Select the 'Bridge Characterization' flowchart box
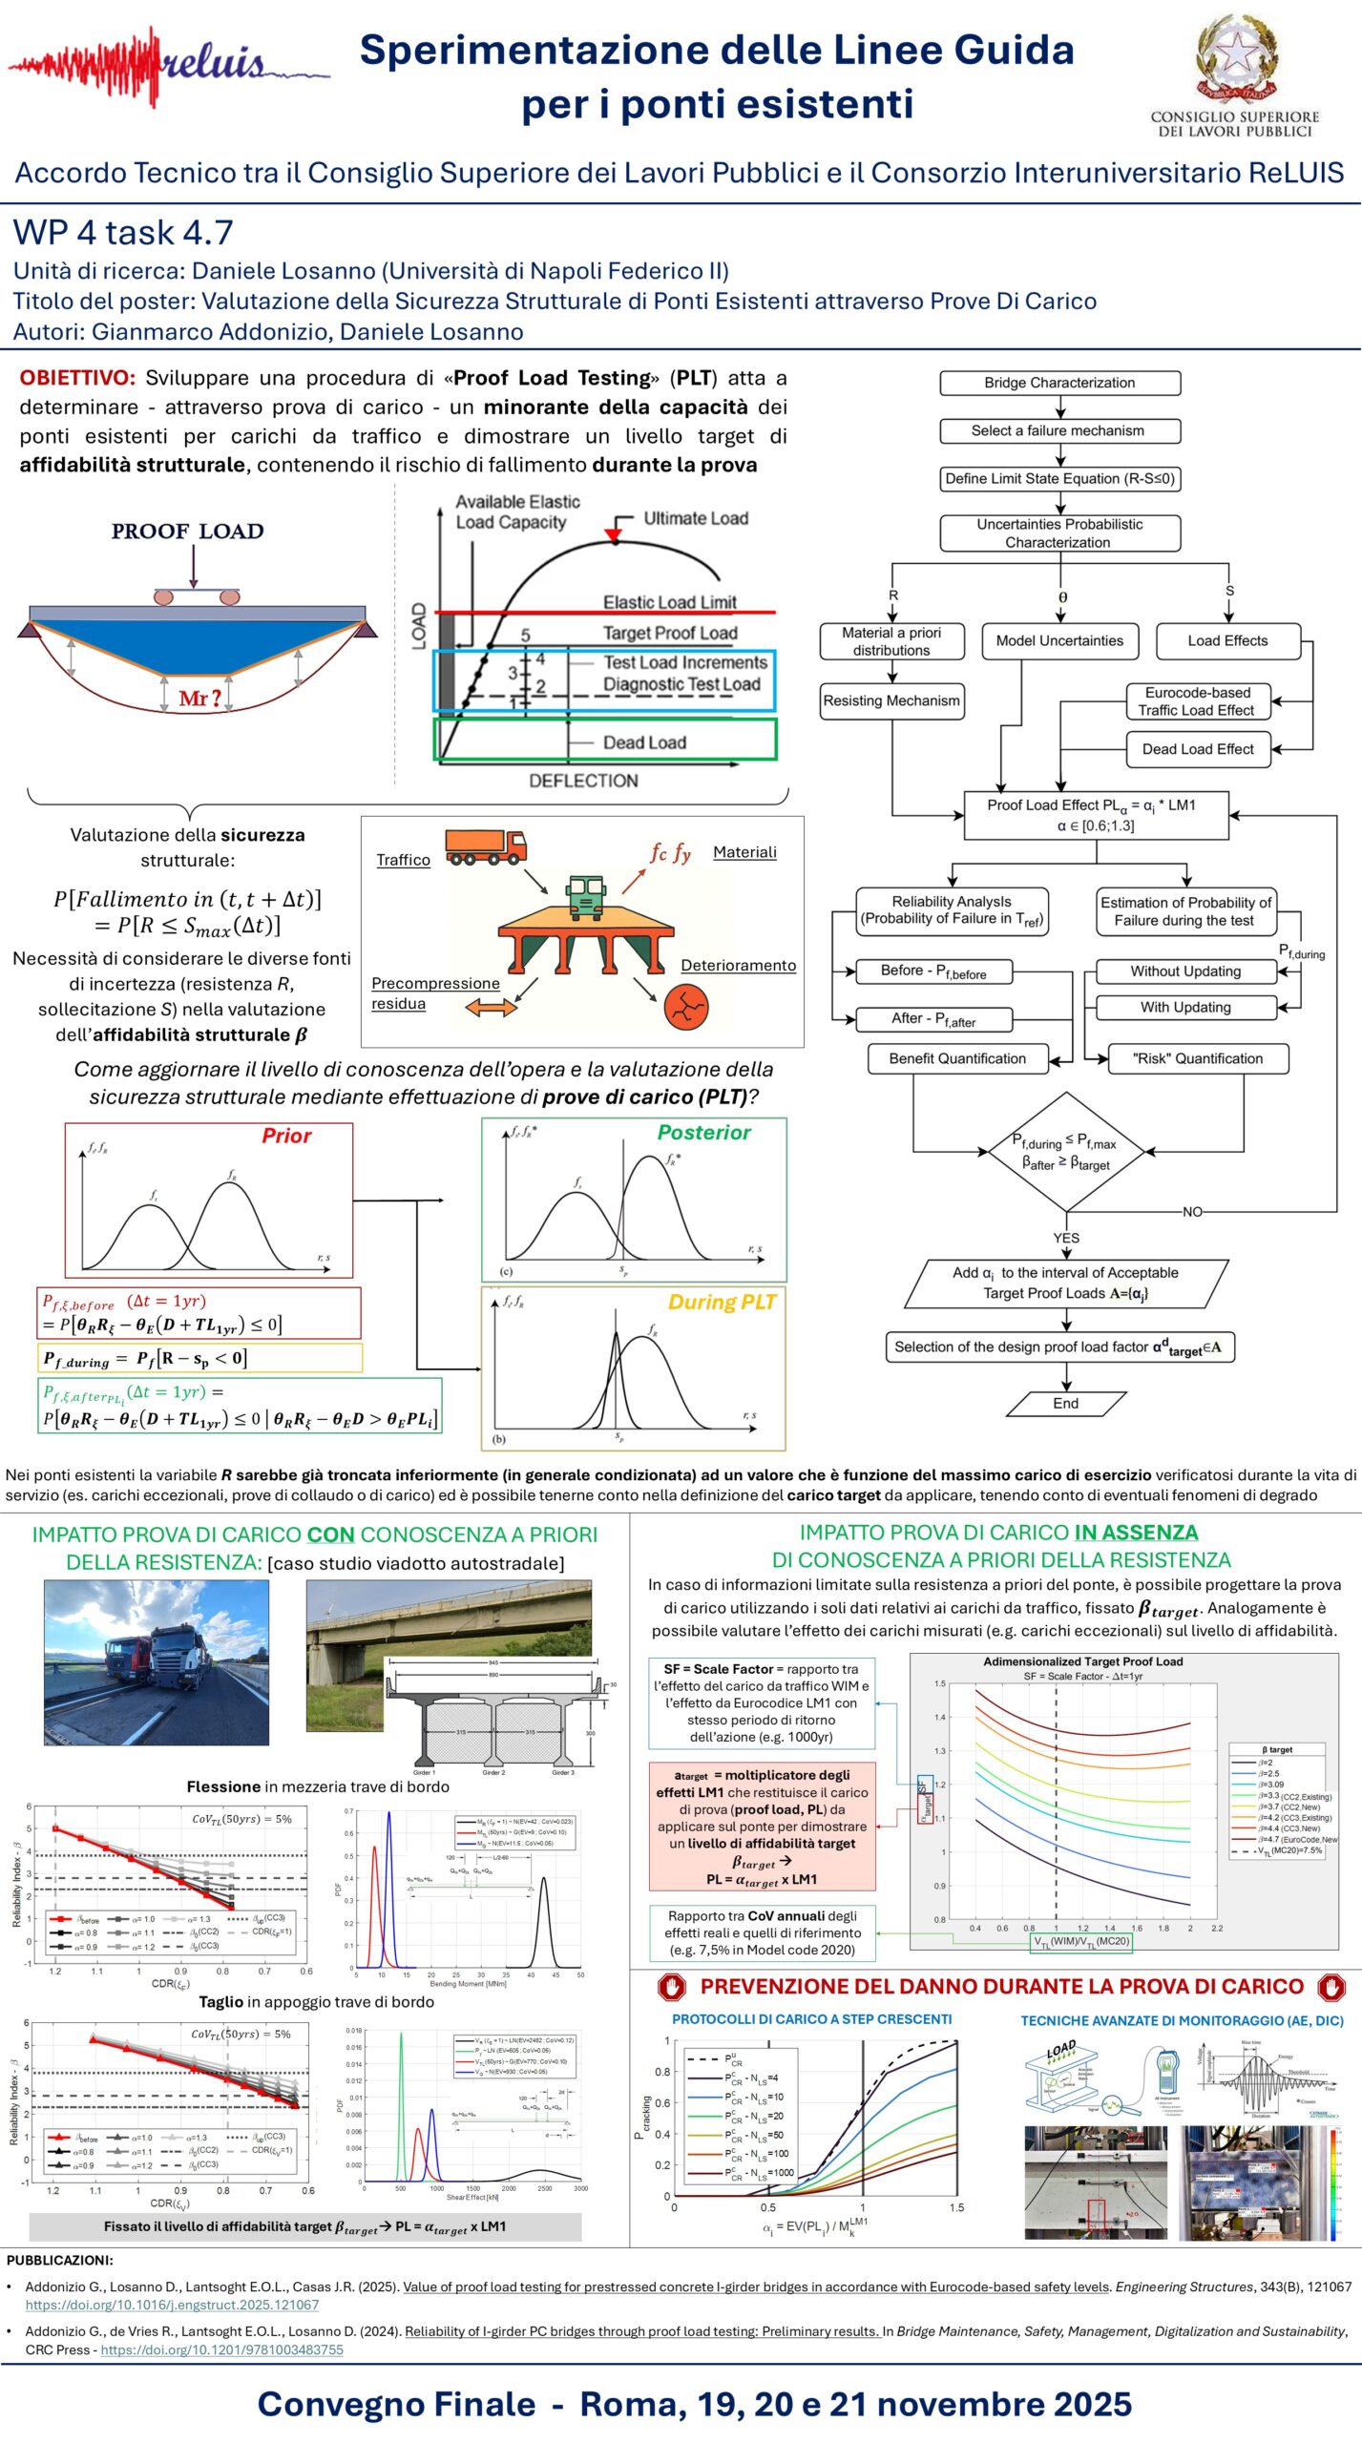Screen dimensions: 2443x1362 (x=1059, y=383)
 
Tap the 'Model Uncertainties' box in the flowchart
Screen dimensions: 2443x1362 (x=1059, y=640)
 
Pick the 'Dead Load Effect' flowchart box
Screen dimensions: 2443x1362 (x=1198, y=749)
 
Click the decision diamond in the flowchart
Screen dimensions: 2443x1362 (x=1065, y=1151)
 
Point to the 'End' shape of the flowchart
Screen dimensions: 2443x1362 (x=1066, y=1403)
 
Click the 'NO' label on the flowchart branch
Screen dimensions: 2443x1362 (x=1192, y=1212)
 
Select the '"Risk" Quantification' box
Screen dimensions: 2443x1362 (x=1197, y=1058)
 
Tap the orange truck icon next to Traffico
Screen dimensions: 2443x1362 (x=486, y=846)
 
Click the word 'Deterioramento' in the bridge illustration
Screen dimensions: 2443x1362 (x=738, y=966)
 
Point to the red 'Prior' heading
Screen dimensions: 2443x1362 (x=286, y=1136)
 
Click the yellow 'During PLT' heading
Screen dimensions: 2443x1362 (x=722, y=1303)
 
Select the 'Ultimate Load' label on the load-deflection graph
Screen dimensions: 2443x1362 (x=695, y=518)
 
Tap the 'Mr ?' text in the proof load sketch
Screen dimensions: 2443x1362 (x=199, y=699)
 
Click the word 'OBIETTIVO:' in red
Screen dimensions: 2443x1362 (x=77, y=378)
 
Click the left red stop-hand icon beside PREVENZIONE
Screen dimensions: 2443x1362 (x=671, y=1987)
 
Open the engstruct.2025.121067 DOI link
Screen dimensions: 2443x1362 (x=172, y=2305)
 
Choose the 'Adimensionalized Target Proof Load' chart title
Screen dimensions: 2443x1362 (x=1082, y=1661)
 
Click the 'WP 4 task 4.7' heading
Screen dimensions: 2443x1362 (x=123, y=232)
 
